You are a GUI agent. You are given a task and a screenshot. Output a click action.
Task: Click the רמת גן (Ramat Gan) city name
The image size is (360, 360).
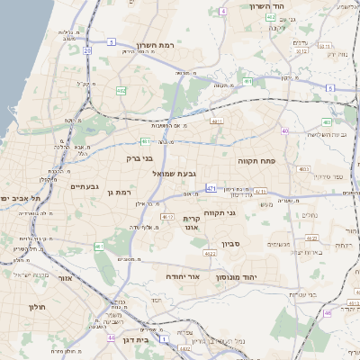coord(118,192)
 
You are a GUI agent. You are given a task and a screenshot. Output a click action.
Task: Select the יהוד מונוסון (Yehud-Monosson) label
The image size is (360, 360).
coord(237,277)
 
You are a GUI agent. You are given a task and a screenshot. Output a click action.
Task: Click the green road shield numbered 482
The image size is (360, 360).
coord(121,90)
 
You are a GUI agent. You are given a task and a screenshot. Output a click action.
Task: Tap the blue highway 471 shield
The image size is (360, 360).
coord(211,188)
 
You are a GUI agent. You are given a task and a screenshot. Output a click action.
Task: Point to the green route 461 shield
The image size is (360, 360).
coord(99,246)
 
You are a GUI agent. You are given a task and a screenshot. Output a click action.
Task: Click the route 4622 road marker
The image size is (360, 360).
coord(210,254)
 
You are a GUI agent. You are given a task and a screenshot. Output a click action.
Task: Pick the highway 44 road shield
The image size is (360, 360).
coord(111,337)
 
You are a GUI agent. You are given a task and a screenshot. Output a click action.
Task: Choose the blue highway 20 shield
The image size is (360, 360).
coord(87,51)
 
